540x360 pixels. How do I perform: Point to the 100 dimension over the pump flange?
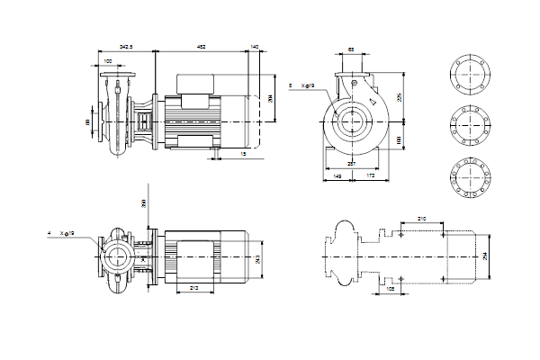109,60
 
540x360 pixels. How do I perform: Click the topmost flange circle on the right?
471,74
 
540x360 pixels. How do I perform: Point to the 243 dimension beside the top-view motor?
258,259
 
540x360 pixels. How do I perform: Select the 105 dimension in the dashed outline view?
391,291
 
